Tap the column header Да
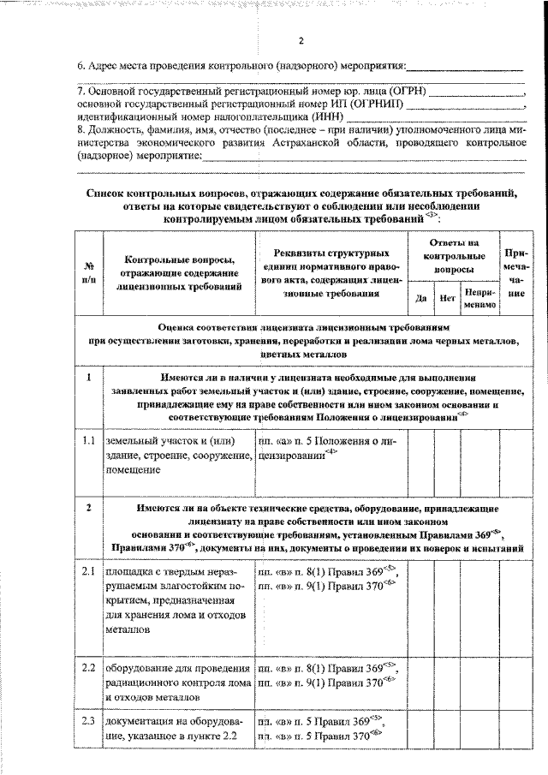pos(420,299)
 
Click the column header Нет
pos(445,299)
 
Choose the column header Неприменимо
pos(479,299)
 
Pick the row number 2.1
pos(88,571)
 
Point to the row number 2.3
pos(88,721)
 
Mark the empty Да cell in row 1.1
pos(420,455)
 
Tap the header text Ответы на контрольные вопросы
pos(454,255)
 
